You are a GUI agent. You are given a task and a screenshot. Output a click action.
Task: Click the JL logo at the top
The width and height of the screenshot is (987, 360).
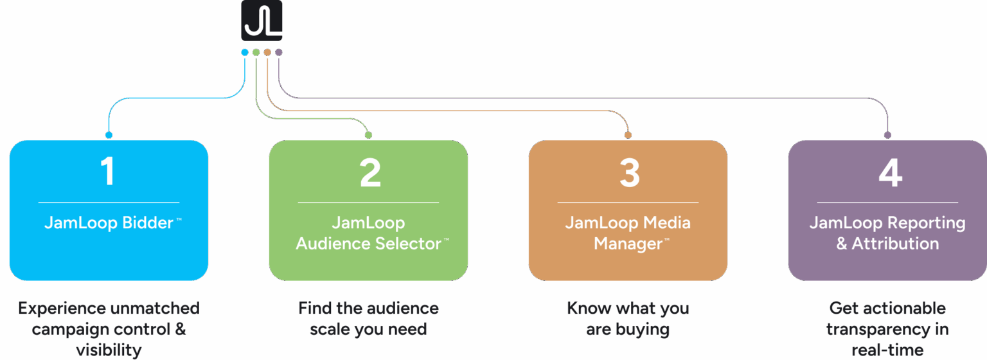(262, 21)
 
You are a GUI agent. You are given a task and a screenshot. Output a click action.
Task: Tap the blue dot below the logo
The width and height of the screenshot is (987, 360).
(244, 52)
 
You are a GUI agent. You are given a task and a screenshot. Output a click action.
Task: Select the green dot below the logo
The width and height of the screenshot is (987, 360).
(256, 52)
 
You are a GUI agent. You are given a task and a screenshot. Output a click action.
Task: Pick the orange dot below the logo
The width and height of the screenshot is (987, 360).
(267, 52)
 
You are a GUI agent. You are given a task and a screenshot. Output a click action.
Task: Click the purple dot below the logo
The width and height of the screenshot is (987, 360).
(278, 52)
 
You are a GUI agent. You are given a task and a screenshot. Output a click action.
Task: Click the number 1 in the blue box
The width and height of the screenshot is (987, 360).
(108, 172)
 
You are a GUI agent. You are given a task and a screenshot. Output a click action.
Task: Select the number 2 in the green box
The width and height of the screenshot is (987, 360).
(369, 172)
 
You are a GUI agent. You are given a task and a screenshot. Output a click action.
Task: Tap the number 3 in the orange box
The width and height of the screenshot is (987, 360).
(629, 172)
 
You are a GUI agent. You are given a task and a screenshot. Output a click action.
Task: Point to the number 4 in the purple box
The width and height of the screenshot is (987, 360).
(890, 172)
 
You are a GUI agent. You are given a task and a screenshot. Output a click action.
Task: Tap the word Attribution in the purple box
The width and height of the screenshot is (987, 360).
(895, 244)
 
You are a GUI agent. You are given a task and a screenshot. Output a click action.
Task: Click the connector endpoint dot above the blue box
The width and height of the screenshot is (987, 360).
(109, 135)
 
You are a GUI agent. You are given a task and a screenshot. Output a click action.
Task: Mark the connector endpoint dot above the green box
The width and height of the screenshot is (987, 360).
(368, 135)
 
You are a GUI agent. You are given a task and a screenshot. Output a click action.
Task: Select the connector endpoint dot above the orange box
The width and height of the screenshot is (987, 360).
(628, 135)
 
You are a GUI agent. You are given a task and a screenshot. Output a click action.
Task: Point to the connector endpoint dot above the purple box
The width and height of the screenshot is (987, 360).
(887, 135)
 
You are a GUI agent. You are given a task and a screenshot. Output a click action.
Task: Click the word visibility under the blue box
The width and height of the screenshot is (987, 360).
(109, 350)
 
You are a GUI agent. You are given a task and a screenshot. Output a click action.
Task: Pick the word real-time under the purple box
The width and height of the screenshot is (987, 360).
(887, 350)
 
